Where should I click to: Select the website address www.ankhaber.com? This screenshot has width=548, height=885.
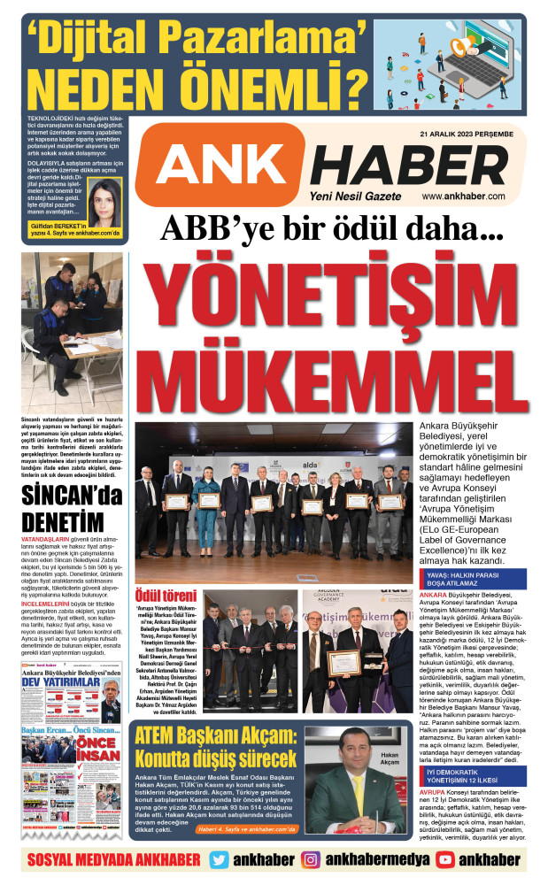(463, 196)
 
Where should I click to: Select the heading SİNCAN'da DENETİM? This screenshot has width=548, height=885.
(73, 505)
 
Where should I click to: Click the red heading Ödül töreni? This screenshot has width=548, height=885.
(165, 596)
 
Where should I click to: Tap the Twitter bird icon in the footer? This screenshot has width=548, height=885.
(220, 859)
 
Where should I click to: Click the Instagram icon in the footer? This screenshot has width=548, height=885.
(311, 859)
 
